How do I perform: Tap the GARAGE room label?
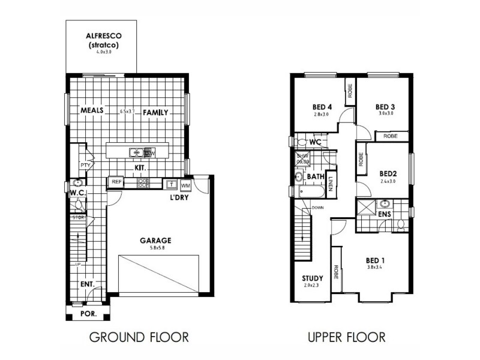click(x=156, y=239)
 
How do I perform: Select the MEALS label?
click(x=92, y=111)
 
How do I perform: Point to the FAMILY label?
click(x=155, y=112)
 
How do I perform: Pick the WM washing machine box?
click(x=185, y=184)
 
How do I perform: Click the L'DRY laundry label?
click(x=180, y=198)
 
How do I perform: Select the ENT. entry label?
click(x=88, y=284)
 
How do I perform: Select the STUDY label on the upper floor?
click(x=312, y=278)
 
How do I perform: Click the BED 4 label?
click(x=322, y=107)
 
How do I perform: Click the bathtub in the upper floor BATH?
click(x=310, y=192)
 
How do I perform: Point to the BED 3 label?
click(x=385, y=106)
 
